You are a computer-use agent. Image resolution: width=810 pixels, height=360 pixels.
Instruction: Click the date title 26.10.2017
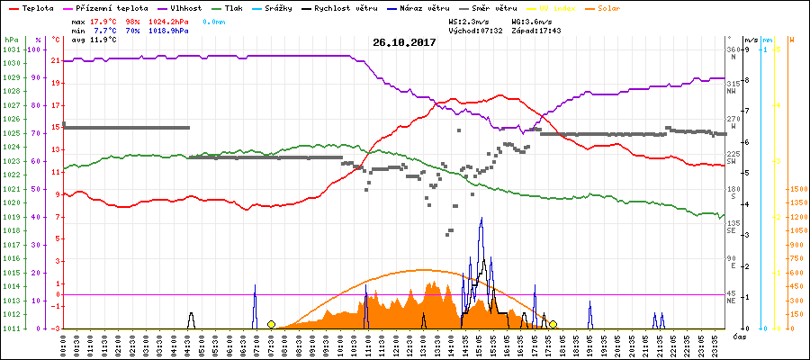coord(404,42)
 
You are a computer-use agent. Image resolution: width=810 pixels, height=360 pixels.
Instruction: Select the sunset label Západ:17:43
coord(539,30)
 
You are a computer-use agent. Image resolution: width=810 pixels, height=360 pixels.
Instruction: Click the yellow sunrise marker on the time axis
coord(271,324)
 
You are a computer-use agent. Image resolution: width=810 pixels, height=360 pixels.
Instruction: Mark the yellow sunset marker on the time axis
coord(553,324)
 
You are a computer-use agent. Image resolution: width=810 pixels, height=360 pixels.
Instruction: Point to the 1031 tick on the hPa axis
coord(10,49)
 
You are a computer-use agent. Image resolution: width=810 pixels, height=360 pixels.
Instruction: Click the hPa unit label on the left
coord(10,40)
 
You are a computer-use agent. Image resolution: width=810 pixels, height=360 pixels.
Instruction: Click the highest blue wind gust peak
coord(481,219)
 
